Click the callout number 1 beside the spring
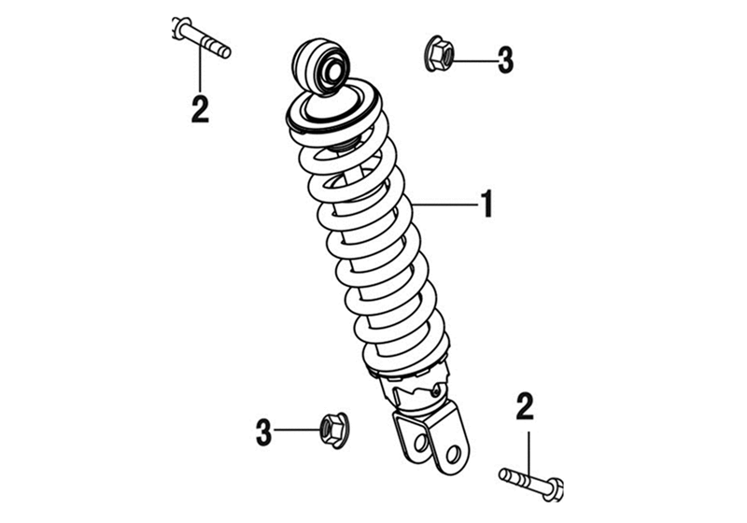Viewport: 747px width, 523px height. tap(486, 204)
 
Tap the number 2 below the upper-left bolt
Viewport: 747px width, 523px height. tap(200, 109)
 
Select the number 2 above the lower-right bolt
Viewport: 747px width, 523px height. tap(525, 406)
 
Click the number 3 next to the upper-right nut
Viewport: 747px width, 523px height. tap(505, 60)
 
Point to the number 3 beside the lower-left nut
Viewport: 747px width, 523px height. tap(263, 432)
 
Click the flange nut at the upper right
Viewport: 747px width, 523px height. tap(438, 54)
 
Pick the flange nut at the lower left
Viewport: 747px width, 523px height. tap(333, 430)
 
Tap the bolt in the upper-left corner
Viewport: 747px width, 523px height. tap(201, 37)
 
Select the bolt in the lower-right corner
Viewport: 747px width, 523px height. tap(531, 483)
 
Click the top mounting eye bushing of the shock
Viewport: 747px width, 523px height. tap(322, 66)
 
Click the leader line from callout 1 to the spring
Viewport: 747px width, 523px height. tap(445, 205)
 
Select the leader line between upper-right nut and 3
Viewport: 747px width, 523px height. tap(474, 61)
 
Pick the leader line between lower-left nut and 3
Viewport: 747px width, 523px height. tap(297, 430)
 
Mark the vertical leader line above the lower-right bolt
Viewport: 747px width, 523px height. tap(528, 455)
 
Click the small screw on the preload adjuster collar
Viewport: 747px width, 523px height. tap(434, 391)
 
